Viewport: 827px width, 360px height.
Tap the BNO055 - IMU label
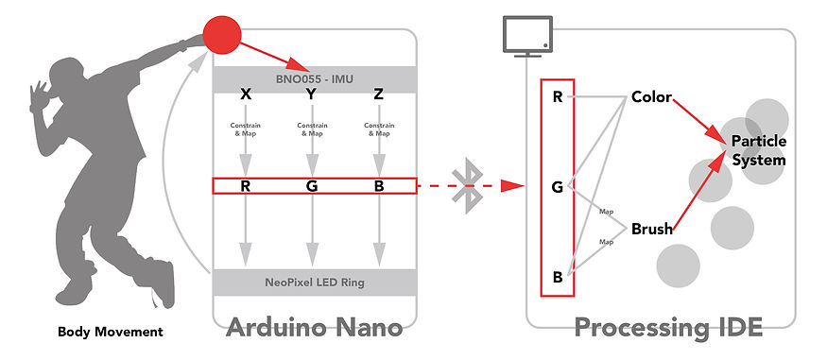pyautogui.click(x=315, y=78)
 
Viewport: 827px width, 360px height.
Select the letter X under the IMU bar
pyautogui.click(x=246, y=94)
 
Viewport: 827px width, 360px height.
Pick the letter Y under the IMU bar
pyautogui.click(x=312, y=94)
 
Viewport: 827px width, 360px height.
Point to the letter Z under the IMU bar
pyautogui.click(x=379, y=94)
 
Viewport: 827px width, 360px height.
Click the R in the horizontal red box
pyautogui.click(x=246, y=185)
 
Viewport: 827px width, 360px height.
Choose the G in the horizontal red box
pyautogui.click(x=312, y=185)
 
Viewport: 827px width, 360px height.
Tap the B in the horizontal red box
pyautogui.click(x=379, y=185)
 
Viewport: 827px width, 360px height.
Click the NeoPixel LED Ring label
pyautogui.click(x=314, y=281)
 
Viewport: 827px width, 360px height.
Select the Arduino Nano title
pyautogui.click(x=315, y=328)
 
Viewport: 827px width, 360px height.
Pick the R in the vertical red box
pyautogui.click(x=558, y=96)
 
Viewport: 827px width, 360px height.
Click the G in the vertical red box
pyautogui.click(x=558, y=186)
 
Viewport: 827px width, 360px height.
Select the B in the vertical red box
pyautogui.click(x=558, y=278)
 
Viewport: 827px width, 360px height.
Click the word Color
pyautogui.click(x=651, y=96)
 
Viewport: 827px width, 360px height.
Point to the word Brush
pyautogui.click(x=652, y=229)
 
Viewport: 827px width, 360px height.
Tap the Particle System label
pyautogui.click(x=758, y=150)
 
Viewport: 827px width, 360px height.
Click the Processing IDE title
pyautogui.click(x=668, y=328)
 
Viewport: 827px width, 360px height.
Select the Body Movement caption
pyautogui.click(x=111, y=332)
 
